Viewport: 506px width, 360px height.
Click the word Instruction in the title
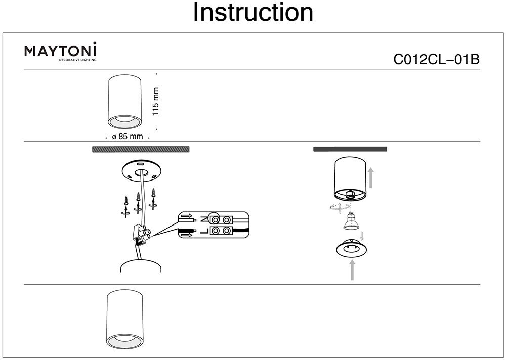pyautogui.click(x=253, y=13)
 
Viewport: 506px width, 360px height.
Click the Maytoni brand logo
pyautogui.click(x=61, y=52)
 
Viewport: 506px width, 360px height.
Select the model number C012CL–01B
pyautogui.click(x=436, y=60)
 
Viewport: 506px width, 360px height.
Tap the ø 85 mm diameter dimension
pyautogui.click(x=128, y=137)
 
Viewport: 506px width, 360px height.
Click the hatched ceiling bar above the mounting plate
pyautogui.click(x=140, y=149)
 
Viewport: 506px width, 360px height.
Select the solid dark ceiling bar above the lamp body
pyautogui.click(x=350, y=149)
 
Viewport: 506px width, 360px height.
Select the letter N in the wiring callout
pyautogui.click(x=204, y=220)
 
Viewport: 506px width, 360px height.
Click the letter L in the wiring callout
pyautogui.click(x=204, y=232)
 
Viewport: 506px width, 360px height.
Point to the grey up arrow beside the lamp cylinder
pyautogui.click(x=371, y=178)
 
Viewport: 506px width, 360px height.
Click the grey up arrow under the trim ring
pyautogui.click(x=352, y=271)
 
